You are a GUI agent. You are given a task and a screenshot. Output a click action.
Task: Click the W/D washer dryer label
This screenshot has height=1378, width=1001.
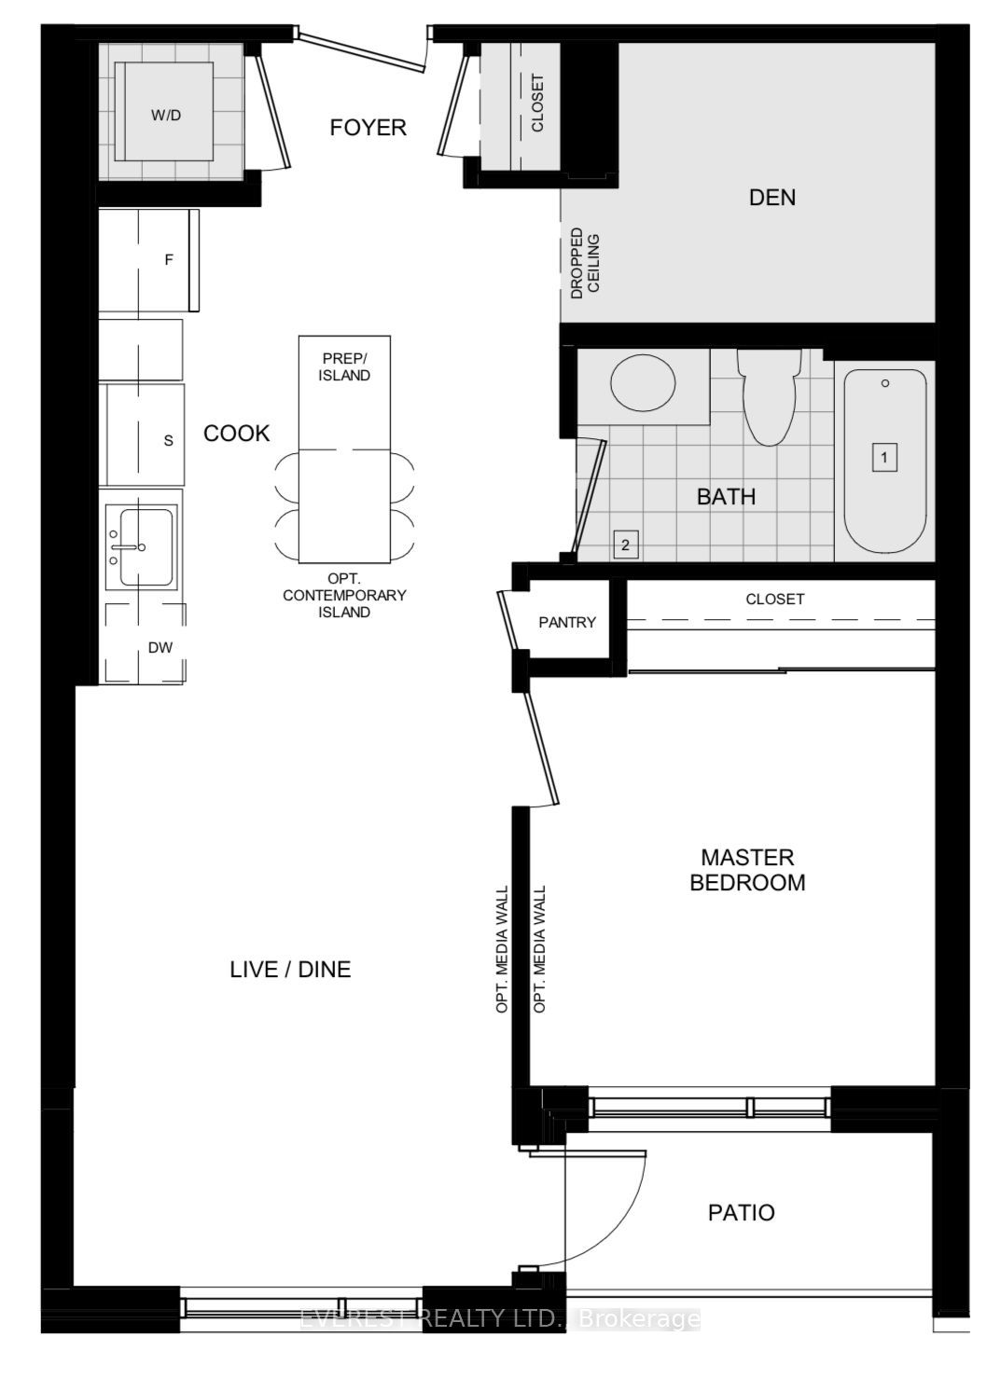[x=166, y=116]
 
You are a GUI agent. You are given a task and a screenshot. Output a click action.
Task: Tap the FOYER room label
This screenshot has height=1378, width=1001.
[x=368, y=128]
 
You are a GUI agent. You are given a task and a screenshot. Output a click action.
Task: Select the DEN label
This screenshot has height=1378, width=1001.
[x=772, y=197]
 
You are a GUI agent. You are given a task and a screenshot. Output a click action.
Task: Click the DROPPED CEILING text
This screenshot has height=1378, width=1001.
[x=585, y=263]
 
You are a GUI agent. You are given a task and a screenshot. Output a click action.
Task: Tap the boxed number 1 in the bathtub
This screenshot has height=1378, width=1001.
[x=883, y=458]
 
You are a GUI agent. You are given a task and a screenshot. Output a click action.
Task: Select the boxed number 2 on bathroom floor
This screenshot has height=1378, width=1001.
[x=625, y=545]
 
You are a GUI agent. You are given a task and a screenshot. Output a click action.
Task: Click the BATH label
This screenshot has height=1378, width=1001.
[x=726, y=496]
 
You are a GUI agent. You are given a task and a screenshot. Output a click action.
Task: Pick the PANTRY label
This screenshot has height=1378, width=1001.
[x=567, y=622]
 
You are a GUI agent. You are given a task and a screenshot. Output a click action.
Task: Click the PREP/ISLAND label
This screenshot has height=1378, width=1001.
[x=345, y=366]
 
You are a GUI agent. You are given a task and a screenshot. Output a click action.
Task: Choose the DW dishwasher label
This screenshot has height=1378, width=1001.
[x=160, y=647]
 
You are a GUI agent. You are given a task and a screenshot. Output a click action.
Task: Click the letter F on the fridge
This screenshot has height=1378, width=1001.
[x=169, y=260]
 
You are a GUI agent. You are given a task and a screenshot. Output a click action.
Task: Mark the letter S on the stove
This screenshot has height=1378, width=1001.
[x=168, y=440]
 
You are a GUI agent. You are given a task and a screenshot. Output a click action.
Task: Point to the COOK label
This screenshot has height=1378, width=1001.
[x=237, y=433]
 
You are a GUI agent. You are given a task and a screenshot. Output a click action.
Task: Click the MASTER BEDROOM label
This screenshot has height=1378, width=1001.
[x=747, y=870]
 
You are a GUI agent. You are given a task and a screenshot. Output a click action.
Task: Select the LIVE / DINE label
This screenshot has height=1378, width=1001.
[x=290, y=970]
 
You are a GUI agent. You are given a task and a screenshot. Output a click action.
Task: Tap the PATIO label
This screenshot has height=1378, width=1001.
[x=741, y=1212]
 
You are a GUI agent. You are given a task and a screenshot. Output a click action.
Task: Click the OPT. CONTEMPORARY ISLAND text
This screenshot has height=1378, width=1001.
[x=344, y=595]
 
